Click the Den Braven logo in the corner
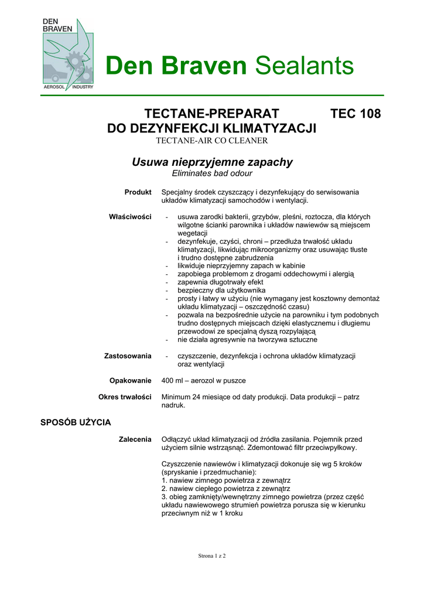pos(67,54)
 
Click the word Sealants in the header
pos(304,66)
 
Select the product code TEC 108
pos(355,114)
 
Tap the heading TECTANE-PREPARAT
pos(211,114)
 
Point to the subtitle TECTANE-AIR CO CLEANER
pos(211,141)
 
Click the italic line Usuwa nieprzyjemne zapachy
pos(212,162)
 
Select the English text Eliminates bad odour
pos(212,173)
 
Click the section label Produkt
pos(138,192)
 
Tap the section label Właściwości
pos(130,217)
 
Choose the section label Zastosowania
pos(128,356)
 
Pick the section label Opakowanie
pos(131,380)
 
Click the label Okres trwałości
pos(125,397)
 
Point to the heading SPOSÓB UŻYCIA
pos(75,422)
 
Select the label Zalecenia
pos(135,438)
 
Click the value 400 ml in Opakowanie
pos(172,380)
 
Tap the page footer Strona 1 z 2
pos(211,556)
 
